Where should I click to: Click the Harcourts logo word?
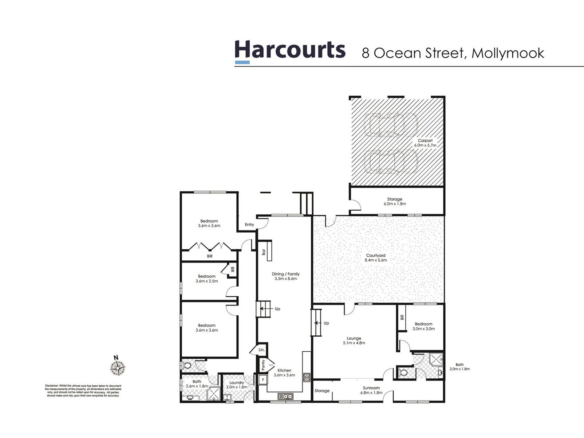point(290,50)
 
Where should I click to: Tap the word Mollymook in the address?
point(507,53)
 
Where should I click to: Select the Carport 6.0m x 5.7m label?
point(425,143)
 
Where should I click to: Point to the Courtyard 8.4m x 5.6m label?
point(376,258)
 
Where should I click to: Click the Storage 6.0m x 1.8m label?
point(395,201)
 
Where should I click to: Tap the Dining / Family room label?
point(286,276)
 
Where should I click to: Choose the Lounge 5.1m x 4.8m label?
point(354,341)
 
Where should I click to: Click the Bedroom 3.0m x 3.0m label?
point(423,326)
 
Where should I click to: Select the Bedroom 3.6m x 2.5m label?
point(207,278)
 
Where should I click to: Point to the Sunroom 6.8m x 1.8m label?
point(371,390)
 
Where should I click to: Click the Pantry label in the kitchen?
point(263,365)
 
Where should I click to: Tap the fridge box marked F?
point(263,380)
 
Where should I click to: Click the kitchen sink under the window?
point(286,397)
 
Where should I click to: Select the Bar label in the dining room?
point(264,252)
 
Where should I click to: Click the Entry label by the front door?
point(249,225)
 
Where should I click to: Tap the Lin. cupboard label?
point(261,350)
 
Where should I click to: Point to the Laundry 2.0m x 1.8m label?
point(236,385)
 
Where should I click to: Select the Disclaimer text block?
point(83,391)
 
